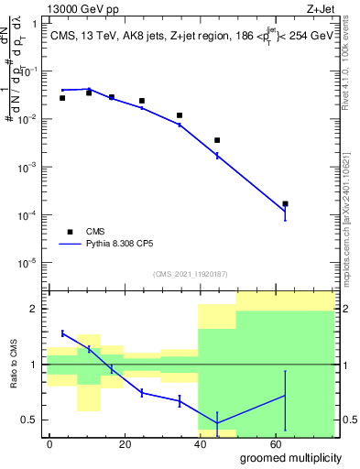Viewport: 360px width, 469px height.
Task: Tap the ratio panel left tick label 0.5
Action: [31, 420]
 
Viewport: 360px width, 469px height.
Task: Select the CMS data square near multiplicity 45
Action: [217, 140]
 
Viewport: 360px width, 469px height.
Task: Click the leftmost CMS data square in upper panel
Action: [62, 98]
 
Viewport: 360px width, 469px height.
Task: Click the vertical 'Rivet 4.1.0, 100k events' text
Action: [352, 73]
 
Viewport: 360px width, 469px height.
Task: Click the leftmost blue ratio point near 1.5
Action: [62, 333]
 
